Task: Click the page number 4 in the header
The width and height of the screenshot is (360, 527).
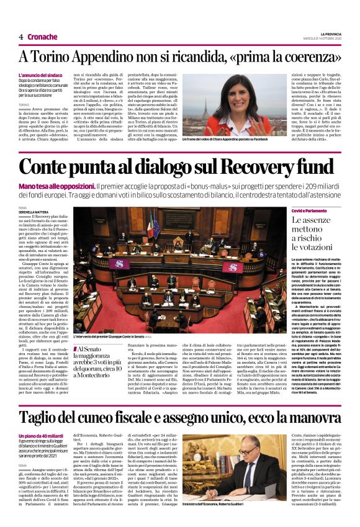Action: click(x=20, y=37)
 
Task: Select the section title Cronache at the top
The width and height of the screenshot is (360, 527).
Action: click(x=42, y=37)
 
